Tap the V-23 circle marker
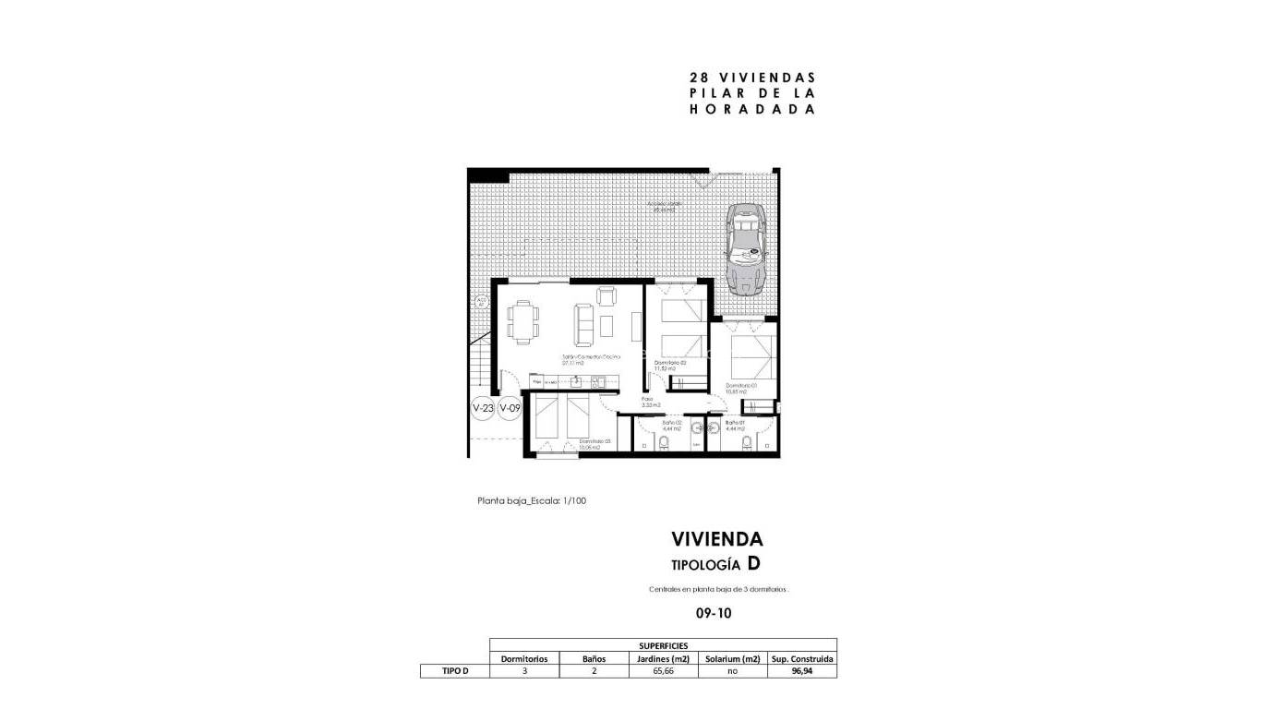click(483, 407)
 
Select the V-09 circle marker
click(510, 407)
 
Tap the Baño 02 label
click(671, 426)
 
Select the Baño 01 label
click(735, 426)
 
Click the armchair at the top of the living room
click(606, 296)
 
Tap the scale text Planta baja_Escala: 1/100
click(532, 501)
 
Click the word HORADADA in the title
click(752, 109)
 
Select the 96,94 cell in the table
click(801, 671)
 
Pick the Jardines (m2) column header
click(663, 659)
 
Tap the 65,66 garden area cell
click(663, 671)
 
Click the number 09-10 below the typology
click(714, 611)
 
